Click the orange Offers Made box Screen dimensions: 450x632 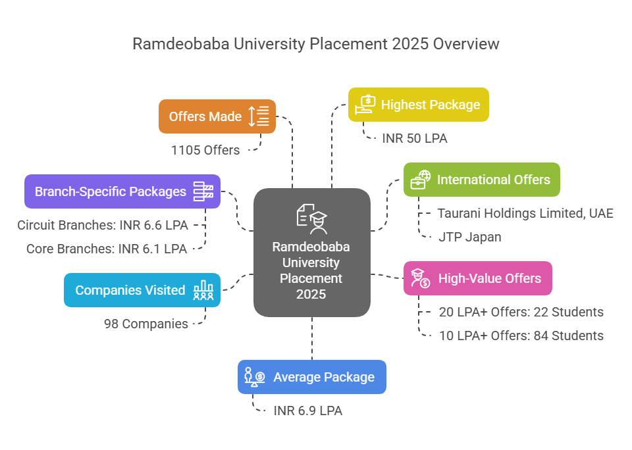[217, 116]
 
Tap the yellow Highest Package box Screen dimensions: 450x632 [418, 105]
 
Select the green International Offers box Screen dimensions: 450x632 [481, 180]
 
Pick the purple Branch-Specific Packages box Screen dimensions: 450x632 [122, 191]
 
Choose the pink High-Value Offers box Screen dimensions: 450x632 [477, 278]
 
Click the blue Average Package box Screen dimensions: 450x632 [311, 377]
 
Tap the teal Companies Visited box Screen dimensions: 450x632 [142, 290]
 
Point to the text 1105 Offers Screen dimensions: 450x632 [205, 150]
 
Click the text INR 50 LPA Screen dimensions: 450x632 [415, 138]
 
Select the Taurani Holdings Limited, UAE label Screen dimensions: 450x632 [525, 213]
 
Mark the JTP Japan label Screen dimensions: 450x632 [469, 237]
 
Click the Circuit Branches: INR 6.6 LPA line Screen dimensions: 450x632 [103, 225]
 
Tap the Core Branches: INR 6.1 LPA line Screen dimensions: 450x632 [107, 249]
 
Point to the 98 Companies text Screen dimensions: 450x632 [145, 324]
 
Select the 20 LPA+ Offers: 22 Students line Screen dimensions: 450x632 [521, 312]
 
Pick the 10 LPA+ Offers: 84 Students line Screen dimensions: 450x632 [521, 336]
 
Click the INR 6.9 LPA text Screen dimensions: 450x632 [307, 411]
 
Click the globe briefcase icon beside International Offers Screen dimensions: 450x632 [420, 180]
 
